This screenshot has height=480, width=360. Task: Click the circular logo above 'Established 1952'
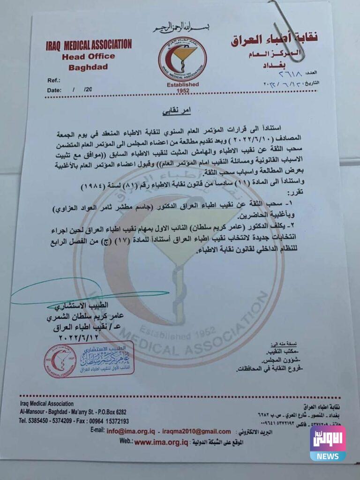tap(182, 59)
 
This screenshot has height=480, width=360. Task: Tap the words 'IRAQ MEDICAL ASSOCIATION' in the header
tap(89, 45)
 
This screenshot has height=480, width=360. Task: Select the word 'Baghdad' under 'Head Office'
tap(88, 67)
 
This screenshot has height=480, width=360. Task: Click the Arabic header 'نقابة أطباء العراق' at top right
tap(274, 39)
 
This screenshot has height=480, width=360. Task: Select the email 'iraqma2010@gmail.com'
tap(197, 431)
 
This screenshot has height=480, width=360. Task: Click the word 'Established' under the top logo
tap(182, 84)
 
